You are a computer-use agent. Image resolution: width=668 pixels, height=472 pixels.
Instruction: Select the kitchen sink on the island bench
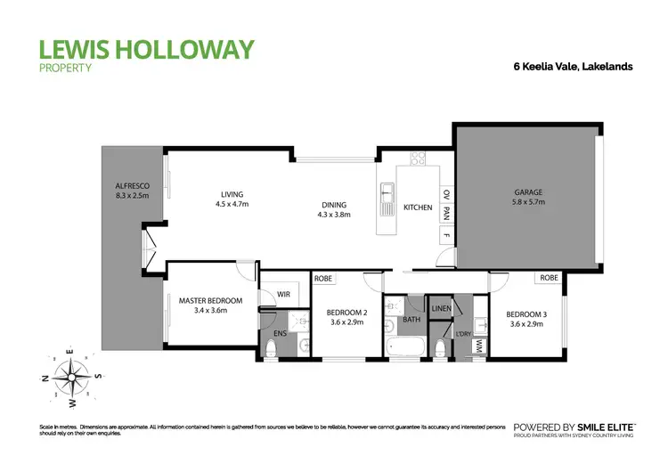pyautogui.click(x=387, y=199)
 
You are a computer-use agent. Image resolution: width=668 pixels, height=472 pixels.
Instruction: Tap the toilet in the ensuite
pyautogui.click(x=273, y=347)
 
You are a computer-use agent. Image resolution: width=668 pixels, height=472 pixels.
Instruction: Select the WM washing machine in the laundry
pyautogui.click(x=479, y=344)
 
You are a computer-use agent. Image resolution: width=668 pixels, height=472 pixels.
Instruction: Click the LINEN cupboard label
pyautogui.click(x=441, y=308)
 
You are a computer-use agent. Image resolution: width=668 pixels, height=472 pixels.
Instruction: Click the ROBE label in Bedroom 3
pyautogui.click(x=549, y=278)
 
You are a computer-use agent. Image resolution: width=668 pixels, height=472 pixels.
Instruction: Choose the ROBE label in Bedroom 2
pyautogui.click(x=324, y=279)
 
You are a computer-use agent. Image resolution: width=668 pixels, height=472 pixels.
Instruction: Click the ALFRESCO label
pyautogui.click(x=132, y=185)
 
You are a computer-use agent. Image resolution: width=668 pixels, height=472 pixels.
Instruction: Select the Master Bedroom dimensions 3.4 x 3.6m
pyautogui.click(x=210, y=312)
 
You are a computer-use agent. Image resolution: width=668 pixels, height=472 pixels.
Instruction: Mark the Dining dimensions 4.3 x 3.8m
pyautogui.click(x=335, y=215)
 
